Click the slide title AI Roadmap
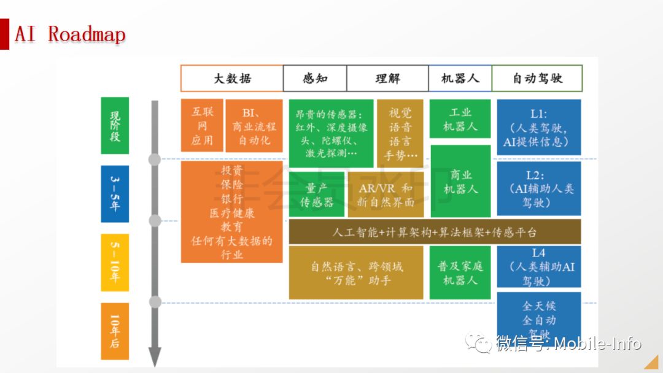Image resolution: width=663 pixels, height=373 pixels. coord(70,34)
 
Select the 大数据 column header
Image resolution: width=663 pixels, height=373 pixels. coord(231,79)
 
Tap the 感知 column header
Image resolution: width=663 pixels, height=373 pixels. coord(315,79)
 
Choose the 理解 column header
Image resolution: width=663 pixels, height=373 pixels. coord(387,79)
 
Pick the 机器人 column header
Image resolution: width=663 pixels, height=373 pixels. coord(460,79)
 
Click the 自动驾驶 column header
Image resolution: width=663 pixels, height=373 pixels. coord(537,79)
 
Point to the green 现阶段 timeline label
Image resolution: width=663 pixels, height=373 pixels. coord(115,126)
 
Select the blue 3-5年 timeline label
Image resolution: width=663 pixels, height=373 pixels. coord(115,193)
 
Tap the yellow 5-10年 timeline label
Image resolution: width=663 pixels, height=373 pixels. coord(115,263)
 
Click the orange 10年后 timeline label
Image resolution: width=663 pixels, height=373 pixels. coord(115,331)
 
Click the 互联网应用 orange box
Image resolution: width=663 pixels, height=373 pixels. coord(202,126)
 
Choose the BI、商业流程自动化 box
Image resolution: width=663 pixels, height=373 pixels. coord(254,126)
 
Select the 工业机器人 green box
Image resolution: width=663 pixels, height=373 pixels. coord(460,119)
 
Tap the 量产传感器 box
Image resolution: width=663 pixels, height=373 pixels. coord(317,194)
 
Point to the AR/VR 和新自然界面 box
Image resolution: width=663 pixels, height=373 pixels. coord(386,194)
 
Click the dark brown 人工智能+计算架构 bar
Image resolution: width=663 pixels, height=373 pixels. coord(435,232)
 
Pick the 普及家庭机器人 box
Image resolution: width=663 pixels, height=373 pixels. coord(460,273)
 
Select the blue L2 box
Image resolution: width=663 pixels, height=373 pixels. coord(538,188)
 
